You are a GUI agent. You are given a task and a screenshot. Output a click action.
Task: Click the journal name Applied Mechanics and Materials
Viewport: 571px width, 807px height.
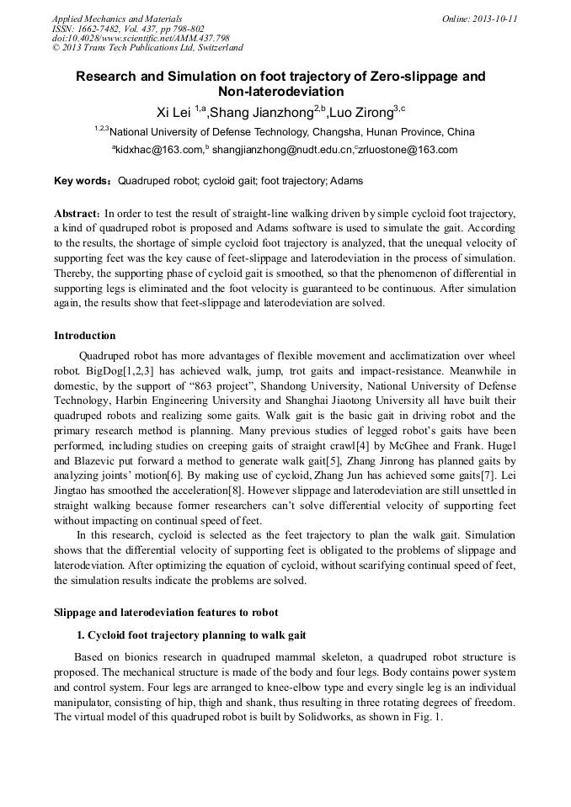pos(116,19)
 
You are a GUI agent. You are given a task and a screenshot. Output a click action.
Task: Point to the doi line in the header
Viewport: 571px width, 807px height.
pos(141,38)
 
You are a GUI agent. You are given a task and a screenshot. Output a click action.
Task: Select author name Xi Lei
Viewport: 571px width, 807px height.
pos(174,111)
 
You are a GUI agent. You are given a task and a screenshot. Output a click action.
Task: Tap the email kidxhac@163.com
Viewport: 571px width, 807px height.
pos(159,151)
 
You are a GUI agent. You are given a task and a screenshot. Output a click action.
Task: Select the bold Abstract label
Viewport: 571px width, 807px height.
pos(78,215)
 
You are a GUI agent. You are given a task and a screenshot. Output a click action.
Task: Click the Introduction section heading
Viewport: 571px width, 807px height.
pos(85,336)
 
